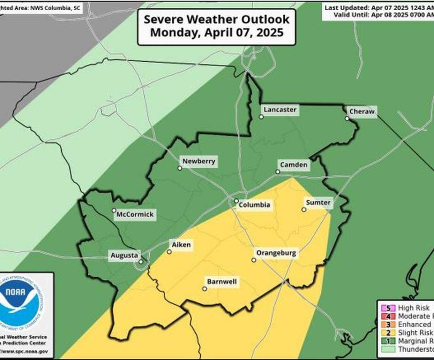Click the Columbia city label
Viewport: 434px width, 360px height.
point(254,205)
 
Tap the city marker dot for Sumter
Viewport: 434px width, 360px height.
point(304,209)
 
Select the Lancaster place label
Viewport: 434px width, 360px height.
point(280,110)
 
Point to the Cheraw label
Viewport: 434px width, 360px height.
point(362,112)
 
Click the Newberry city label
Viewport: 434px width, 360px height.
point(199,161)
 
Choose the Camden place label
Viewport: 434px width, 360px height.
point(294,165)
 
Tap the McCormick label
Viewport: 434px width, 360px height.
point(135,214)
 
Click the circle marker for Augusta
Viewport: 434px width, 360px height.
point(141,262)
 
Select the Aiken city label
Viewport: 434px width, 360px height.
point(181,245)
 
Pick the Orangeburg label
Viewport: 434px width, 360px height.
point(276,253)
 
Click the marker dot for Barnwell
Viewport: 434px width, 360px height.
point(204,289)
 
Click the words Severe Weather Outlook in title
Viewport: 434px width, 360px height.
point(216,19)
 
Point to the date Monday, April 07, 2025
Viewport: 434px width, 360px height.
point(216,32)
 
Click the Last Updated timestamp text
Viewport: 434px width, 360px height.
point(379,8)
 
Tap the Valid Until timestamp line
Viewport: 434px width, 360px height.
point(383,15)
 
